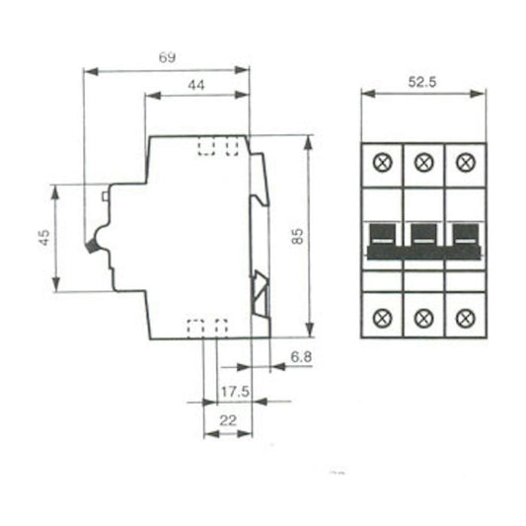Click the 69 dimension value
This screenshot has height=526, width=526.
[167, 57]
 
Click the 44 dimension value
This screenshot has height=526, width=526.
[195, 86]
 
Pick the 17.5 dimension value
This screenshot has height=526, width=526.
[235, 391]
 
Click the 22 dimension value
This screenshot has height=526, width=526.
[227, 421]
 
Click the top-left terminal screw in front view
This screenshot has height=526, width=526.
[382, 161]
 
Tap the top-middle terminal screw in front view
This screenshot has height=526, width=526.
[423, 161]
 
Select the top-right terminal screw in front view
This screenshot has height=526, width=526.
[465, 161]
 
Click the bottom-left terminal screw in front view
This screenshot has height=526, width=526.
[382, 317]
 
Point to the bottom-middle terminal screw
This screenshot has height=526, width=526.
[423, 317]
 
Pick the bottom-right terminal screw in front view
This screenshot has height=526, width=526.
[465, 317]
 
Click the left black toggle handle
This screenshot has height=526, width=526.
[383, 238]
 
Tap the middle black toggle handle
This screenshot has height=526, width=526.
[423, 238]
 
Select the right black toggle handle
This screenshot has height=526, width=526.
[464, 238]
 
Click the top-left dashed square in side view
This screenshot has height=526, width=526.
[208, 146]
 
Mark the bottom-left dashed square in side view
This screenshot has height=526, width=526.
[195, 328]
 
